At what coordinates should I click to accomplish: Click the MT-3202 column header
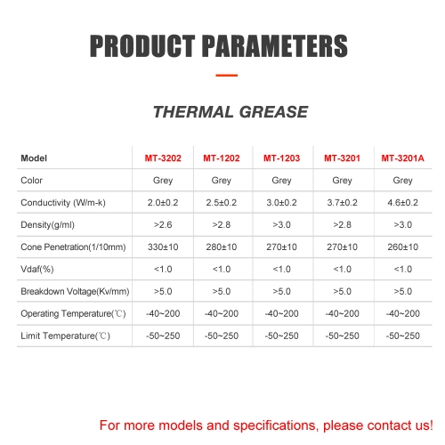[163, 158]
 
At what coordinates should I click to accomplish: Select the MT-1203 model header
[281, 158]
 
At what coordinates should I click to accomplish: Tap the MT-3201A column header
[402, 158]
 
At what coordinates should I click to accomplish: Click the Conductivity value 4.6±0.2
[402, 203]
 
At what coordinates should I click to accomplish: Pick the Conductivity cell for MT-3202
[163, 203]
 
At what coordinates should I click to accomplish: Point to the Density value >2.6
[163, 224]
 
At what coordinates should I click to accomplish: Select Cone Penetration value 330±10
[163, 247]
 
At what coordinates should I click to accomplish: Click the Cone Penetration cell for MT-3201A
[402, 247]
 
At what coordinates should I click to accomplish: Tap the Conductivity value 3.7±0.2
[342, 203]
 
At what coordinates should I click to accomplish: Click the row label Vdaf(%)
[37, 269]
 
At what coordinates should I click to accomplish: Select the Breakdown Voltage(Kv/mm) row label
[75, 291]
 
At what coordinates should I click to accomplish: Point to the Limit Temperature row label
[65, 336]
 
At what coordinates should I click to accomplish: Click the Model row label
[34, 158]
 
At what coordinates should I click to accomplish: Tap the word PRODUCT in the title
[142, 46]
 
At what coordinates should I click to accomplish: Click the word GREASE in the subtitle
[273, 112]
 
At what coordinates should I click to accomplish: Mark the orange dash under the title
[227, 76]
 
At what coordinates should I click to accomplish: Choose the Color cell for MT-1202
[222, 181]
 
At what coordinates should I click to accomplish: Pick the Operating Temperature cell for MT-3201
[342, 313]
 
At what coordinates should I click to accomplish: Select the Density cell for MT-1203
[281, 224]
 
